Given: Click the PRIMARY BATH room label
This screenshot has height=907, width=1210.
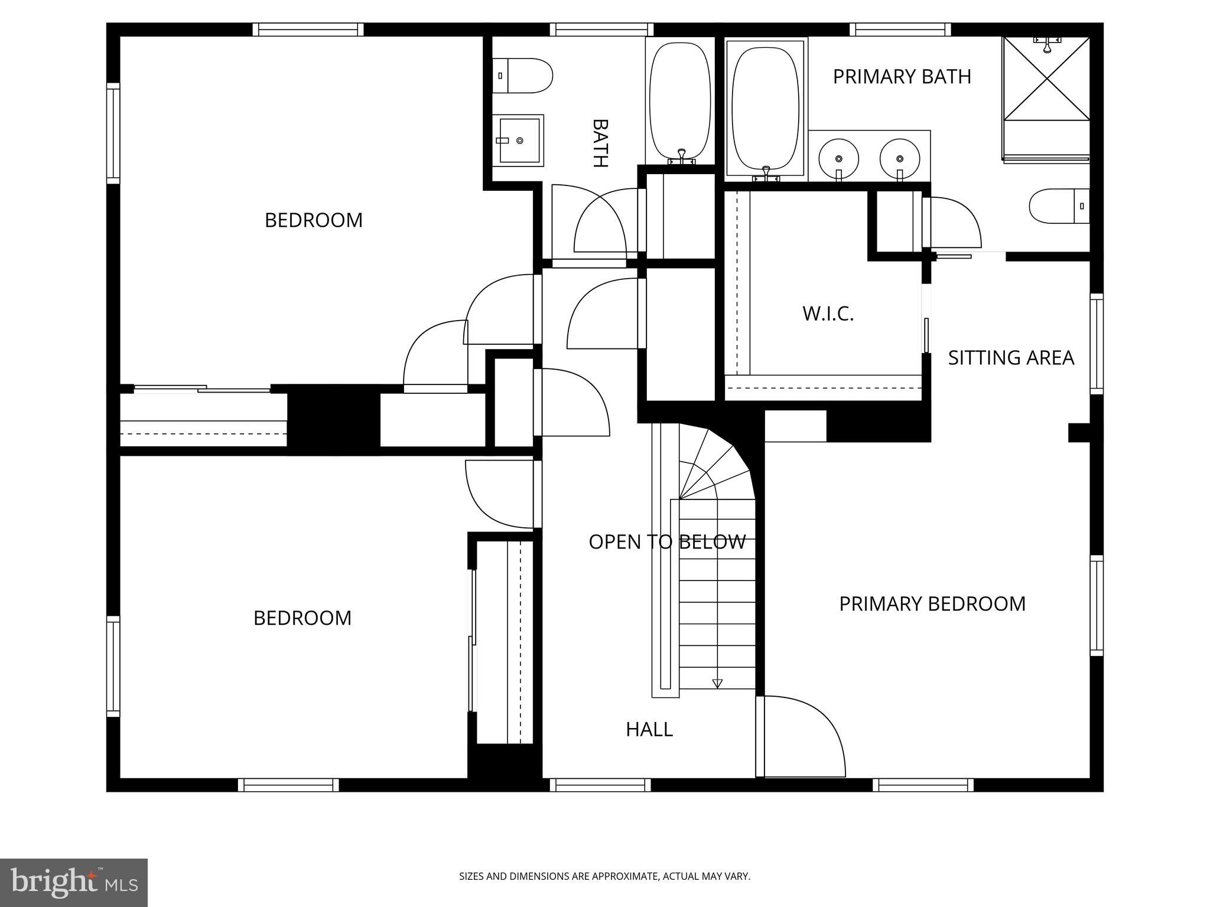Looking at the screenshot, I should pyautogui.click(x=902, y=77).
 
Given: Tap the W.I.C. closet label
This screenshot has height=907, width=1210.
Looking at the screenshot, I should pyautogui.click(x=828, y=314).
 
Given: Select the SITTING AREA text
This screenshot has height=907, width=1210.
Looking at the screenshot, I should pyautogui.click(x=1011, y=358).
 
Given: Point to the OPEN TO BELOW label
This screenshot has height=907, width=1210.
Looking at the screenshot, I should pyautogui.click(x=667, y=541).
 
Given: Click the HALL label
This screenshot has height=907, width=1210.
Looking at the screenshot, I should pyautogui.click(x=649, y=729).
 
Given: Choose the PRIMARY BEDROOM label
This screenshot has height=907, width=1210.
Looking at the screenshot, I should pyautogui.click(x=932, y=603).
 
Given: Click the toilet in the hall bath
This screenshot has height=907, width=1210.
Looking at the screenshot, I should pyautogui.click(x=523, y=76).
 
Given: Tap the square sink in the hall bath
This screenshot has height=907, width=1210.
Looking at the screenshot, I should pyautogui.click(x=519, y=141).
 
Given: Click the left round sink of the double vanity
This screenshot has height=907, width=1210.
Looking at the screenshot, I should pyautogui.click(x=838, y=159).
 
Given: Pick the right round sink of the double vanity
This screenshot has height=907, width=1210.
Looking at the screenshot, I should pyautogui.click(x=899, y=159).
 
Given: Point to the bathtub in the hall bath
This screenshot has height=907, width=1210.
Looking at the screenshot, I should pyautogui.click(x=679, y=100).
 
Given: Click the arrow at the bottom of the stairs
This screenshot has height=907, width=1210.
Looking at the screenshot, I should pyautogui.click(x=717, y=683).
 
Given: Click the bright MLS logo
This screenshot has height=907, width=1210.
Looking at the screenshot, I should pyautogui.click(x=74, y=882).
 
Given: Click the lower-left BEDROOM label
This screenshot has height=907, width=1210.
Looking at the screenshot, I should pyautogui.click(x=302, y=618).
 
